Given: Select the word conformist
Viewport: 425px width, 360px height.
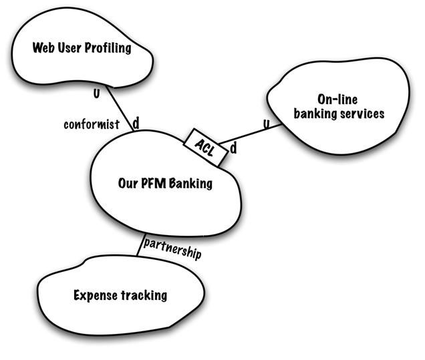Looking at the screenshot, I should pos(91,124).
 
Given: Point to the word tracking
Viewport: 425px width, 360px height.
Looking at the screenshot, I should pos(144,295).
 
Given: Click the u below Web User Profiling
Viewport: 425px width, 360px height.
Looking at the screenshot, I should pos(96,93).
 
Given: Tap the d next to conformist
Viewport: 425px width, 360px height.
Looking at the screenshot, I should pos(136,124).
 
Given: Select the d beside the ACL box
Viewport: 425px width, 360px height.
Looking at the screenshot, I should pos(234,148).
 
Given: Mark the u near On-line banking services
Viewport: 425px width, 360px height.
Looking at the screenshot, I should pos(267,123).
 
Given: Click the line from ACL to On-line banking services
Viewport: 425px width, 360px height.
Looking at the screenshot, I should pos(251,134).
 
